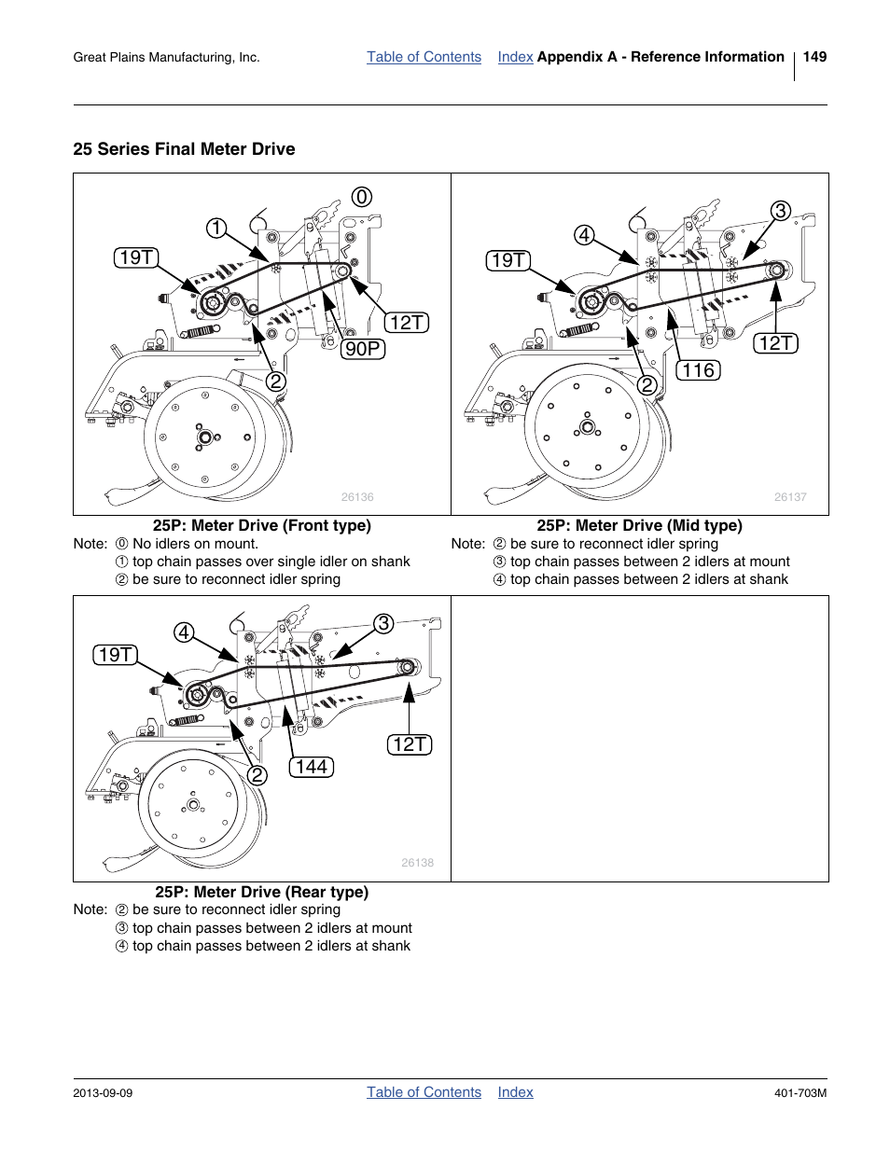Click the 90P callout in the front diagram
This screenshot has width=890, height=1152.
[x=363, y=349]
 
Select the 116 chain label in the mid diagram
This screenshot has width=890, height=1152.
[x=698, y=370]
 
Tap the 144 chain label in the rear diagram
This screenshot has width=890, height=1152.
[x=311, y=767]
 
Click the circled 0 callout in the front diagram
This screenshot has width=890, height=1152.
[x=362, y=197]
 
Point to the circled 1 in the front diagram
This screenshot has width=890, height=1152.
[x=216, y=229]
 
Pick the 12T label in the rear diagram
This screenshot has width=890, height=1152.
[x=410, y=744]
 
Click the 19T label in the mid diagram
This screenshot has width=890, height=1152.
[x=508, y=260]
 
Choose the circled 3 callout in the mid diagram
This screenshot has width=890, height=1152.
[x=780, y=211]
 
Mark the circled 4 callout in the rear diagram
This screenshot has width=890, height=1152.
[x=184, y=632]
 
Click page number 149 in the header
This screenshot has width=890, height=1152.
[x=814, y=57]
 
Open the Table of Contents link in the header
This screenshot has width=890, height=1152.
[x=424, y=57]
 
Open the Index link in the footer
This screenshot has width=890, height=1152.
[x=515, y=1092]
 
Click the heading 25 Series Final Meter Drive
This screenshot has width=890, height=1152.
[x=184, y=149]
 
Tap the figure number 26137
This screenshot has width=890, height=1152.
[x=790, y=497]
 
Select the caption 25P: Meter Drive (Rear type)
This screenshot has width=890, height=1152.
[x=261, y=892]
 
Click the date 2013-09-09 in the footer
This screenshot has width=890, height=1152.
[x=103, y=1093]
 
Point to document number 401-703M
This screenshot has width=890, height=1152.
[x=800, y=1093]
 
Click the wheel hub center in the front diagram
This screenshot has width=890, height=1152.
[x=204, y=436]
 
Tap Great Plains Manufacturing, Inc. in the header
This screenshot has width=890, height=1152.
[x=166, y=58]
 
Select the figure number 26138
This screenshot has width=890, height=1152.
[x=417, y=863]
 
